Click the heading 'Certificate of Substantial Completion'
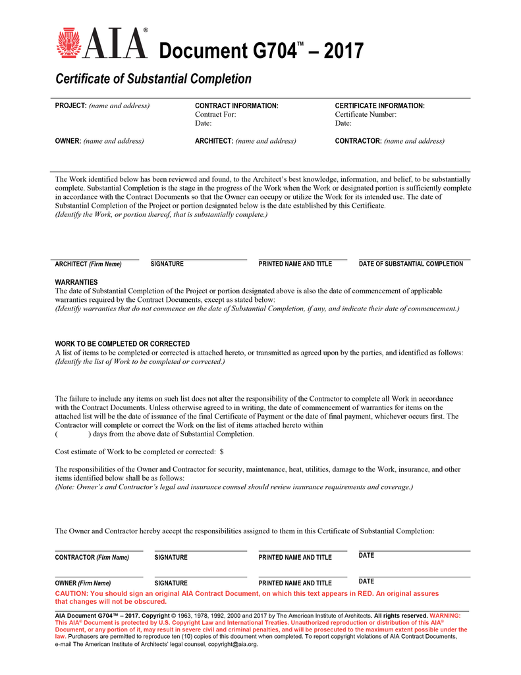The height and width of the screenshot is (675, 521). (153, 79)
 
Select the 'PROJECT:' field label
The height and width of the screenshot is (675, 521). (70, 105)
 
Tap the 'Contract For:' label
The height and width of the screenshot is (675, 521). (215, 114)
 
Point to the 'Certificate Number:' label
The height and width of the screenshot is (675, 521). (366, 114)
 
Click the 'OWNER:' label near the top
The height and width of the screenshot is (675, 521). (68, 140)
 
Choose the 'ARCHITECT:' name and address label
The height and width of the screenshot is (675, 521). (215, 140)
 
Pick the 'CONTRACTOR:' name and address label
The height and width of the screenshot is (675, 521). (358, 140)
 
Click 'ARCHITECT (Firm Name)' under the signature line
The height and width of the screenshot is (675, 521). (88, 264)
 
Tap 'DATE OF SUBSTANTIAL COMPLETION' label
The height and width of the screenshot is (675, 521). (410, 264)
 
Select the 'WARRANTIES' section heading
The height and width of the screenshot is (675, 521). (76, 282)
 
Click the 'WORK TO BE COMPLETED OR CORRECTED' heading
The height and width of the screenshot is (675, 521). (123, 344)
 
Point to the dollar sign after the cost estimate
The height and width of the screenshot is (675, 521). (221, 452)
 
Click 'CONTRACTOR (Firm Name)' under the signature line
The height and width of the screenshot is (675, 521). (92, 558)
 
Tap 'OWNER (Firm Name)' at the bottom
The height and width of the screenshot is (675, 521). (82, 583)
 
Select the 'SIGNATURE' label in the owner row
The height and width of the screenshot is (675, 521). (171, 583)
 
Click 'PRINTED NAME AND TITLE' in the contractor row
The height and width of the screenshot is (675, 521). (295, 558)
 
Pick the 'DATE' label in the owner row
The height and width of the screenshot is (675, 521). (366, 581)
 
